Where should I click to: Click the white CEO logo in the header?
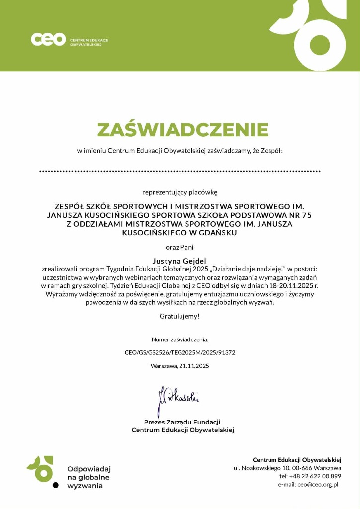tap(48, 39)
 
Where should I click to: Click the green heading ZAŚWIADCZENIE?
tap(182, 130)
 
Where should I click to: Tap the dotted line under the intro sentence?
tap(180, 171)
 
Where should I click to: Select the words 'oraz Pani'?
tap(180, 247)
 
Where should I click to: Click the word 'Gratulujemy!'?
tap(180, 316)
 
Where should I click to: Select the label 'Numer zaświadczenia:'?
tap(180, 340)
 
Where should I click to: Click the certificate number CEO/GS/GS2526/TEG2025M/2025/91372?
tap(180, 353)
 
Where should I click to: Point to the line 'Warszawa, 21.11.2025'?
tap(180, 366)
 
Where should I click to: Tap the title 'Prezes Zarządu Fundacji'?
tap(182, 422)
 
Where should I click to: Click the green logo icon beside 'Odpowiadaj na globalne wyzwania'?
tap(40, 469)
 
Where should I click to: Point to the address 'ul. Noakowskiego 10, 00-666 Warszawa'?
tap(287, 468)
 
